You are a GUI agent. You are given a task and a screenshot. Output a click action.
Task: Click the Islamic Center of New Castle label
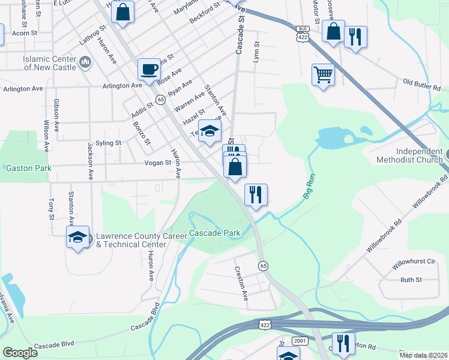coord(50,63)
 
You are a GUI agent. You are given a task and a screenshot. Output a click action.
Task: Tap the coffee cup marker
coord(149,70)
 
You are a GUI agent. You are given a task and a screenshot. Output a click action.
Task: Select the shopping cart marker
coord(323,75)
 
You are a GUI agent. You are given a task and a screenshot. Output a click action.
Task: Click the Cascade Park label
coord(215,233)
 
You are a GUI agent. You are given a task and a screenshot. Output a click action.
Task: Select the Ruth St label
coord(411,280)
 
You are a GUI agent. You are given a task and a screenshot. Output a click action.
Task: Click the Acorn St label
coord(25,34)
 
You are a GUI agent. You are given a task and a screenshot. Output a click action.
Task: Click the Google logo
coord(20,353)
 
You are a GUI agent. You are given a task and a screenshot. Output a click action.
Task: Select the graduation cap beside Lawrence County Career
coord(77,238)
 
